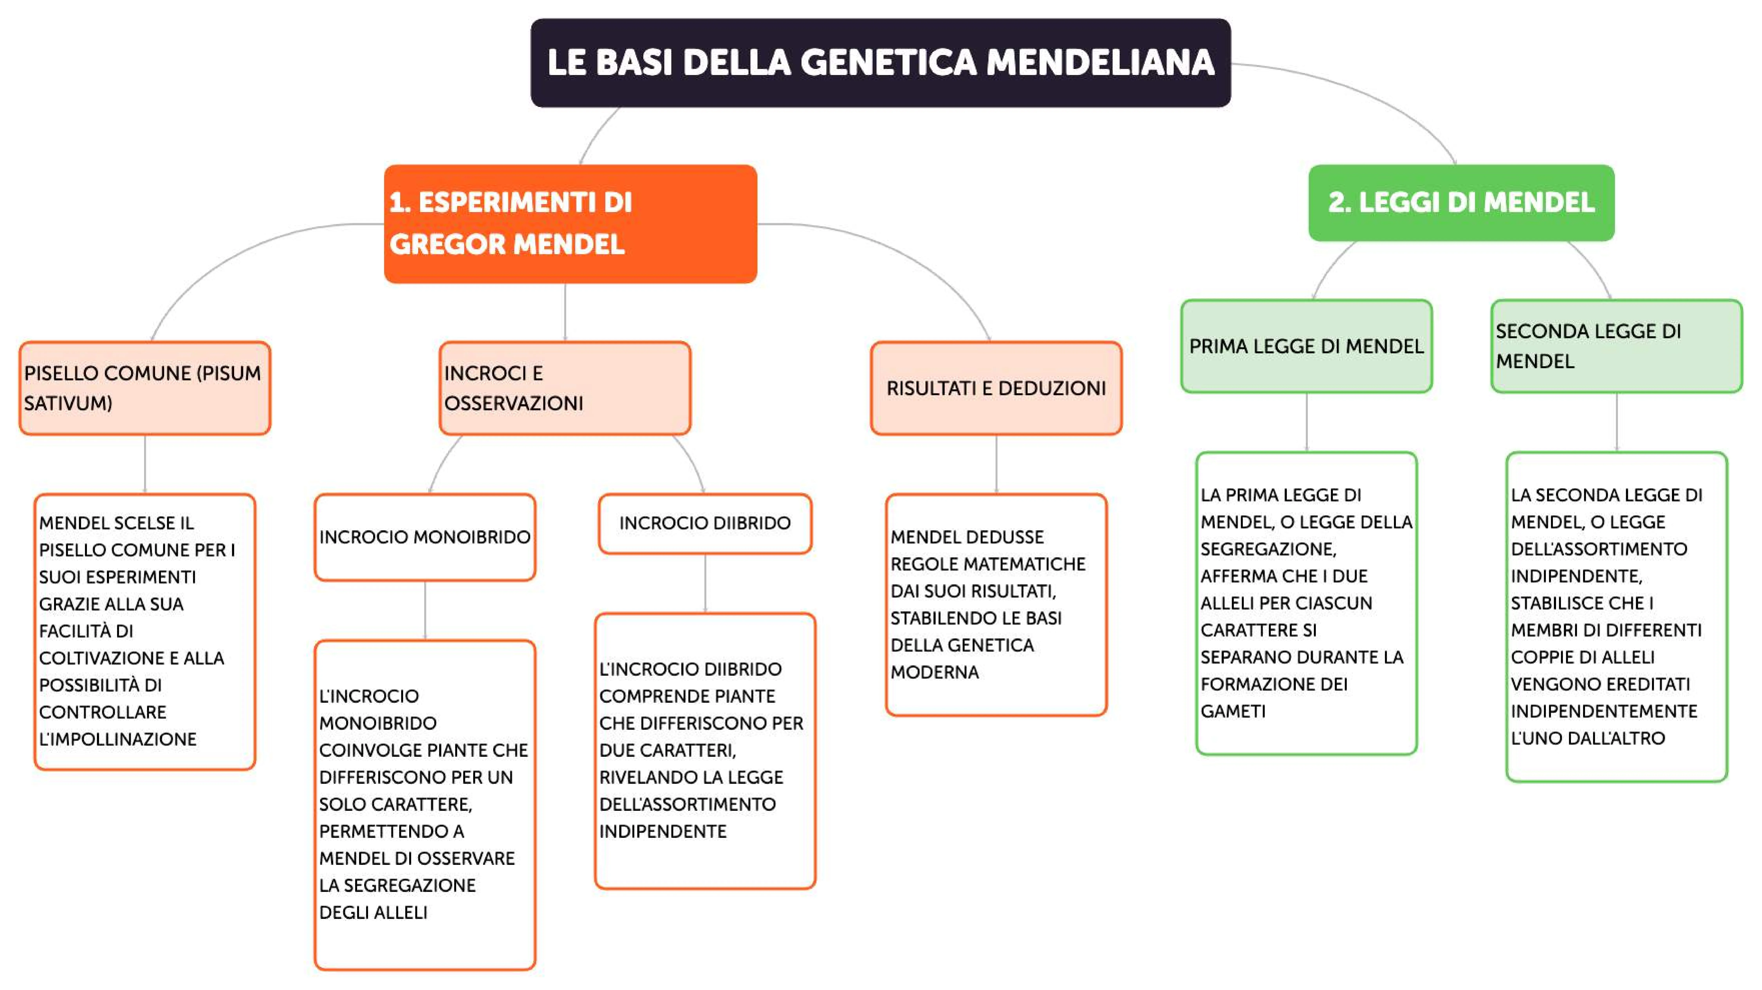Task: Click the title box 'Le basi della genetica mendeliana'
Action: click(880, 62)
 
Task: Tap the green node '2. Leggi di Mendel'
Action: click(1461, 203)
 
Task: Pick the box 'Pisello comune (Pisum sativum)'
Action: click(144, 388)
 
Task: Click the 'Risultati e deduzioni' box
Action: click(996, 388)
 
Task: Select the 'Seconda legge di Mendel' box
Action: click(1616, 346)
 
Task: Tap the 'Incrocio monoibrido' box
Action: click(425, 537)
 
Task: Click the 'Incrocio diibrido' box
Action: click(705, 523)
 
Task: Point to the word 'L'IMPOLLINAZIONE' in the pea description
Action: click(118, 739)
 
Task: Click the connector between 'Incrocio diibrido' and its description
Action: click(705, 583)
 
